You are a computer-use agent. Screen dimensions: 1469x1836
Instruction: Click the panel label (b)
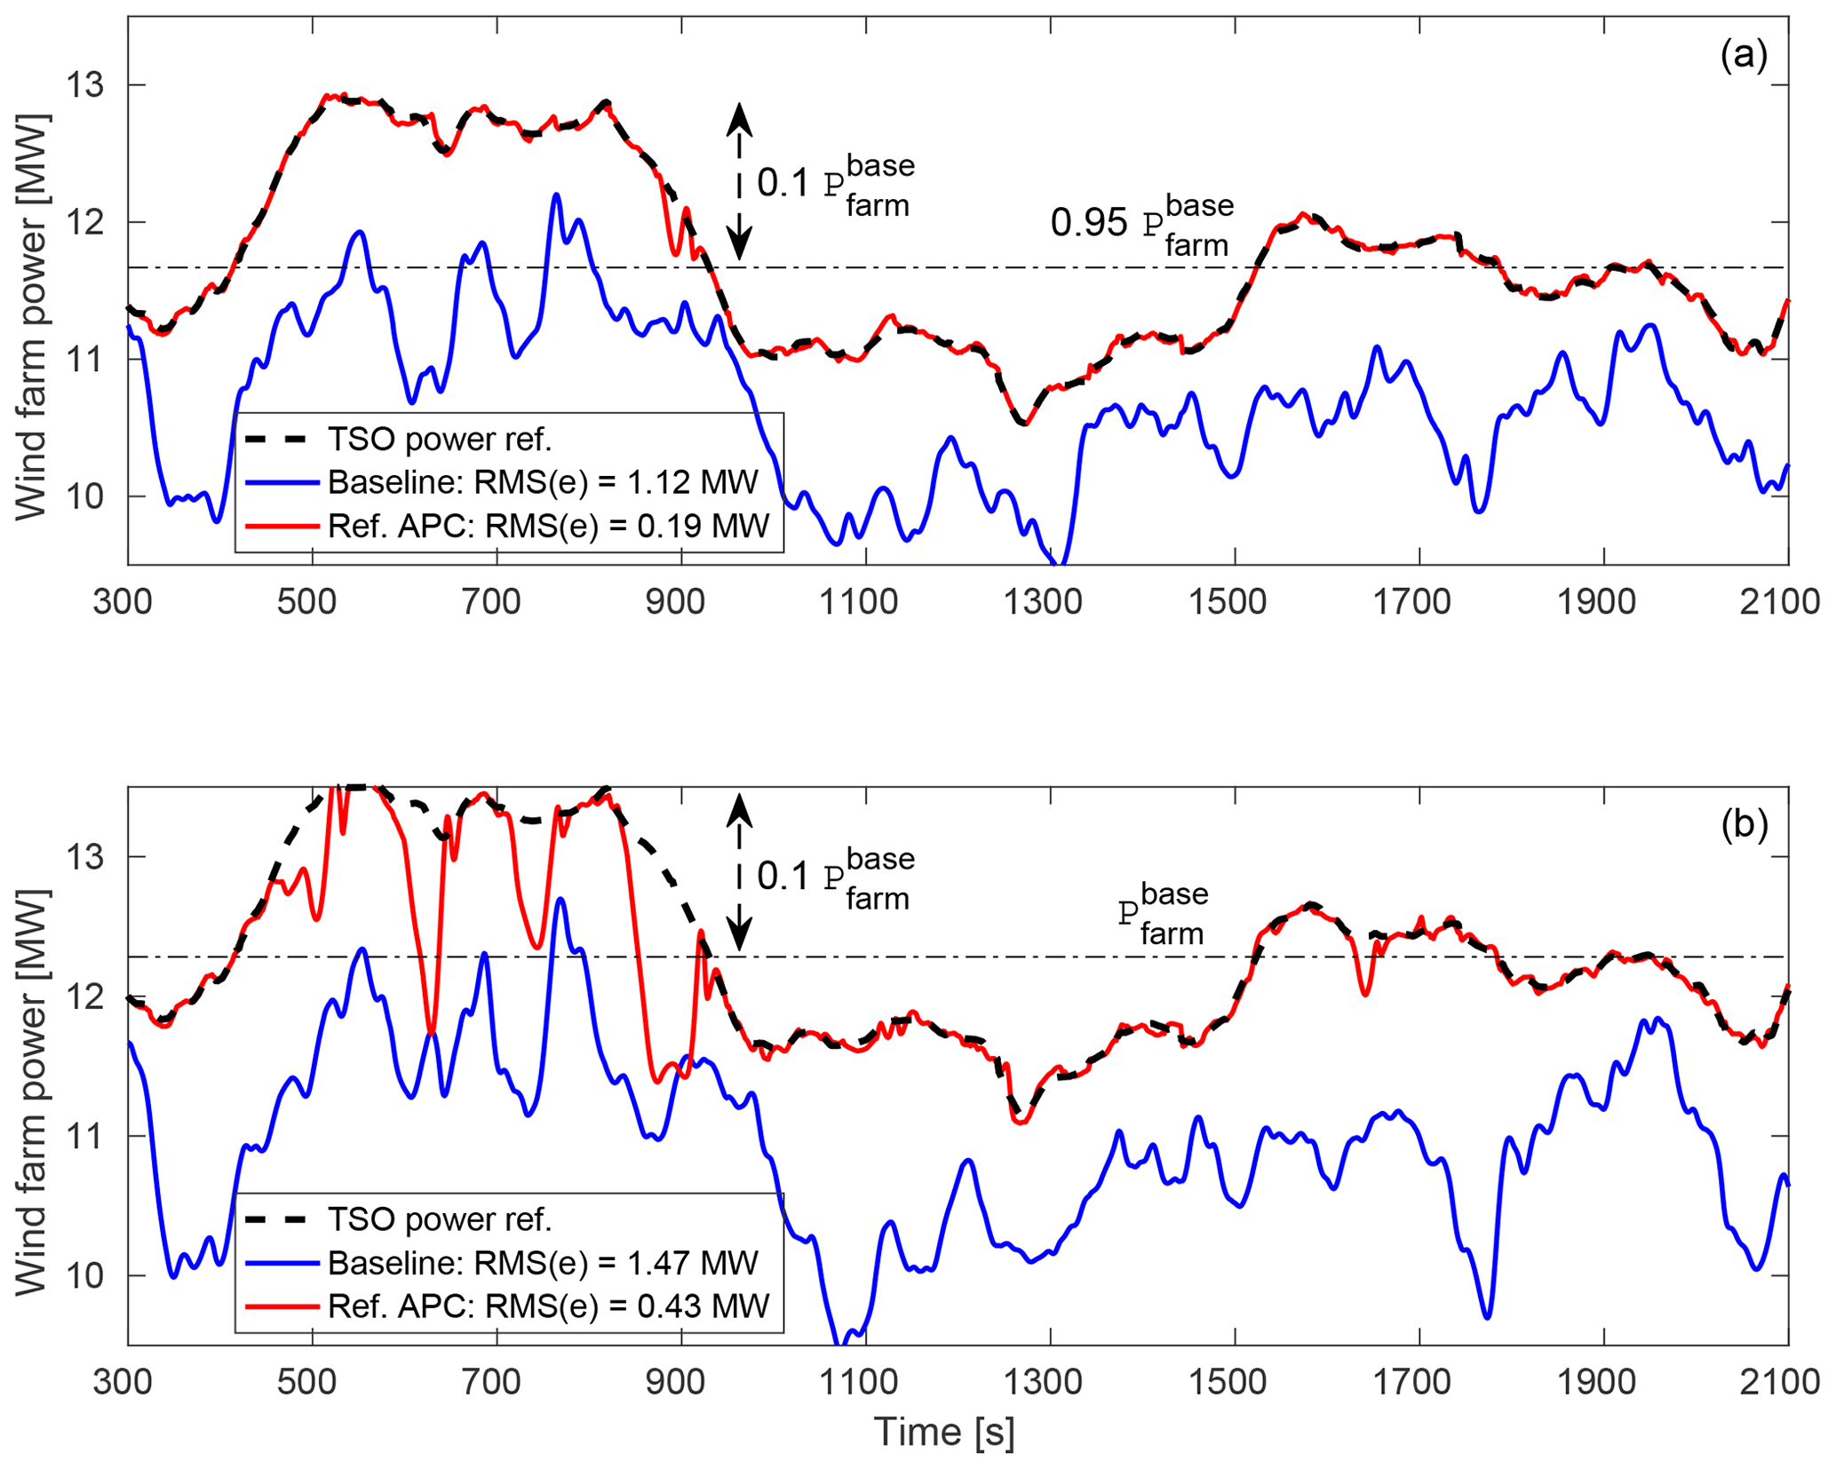[1744, 824]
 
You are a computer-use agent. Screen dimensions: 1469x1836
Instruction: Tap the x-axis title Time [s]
[943, 1431]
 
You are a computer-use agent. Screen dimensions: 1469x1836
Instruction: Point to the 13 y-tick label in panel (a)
[84, 85]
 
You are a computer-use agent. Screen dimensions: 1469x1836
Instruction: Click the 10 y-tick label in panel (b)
[84, 1275]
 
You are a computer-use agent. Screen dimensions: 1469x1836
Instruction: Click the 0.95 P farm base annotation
[1141, 223]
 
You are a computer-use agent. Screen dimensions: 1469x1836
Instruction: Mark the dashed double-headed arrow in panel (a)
[739, 181]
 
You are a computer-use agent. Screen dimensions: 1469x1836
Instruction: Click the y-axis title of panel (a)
[32, 317]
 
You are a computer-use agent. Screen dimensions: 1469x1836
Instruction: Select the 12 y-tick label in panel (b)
[84, 997]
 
